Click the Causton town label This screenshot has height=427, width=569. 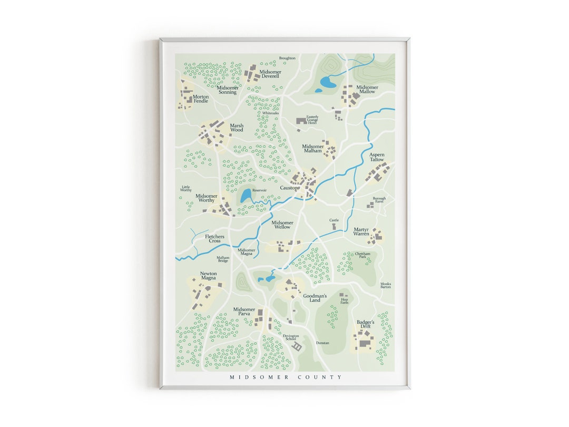click(290, 188)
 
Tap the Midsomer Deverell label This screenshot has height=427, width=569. click(270, 74)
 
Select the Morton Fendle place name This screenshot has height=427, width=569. click(201, 99)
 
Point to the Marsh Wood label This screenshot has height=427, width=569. click(237, 128)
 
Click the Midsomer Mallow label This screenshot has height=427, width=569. click(367, 89)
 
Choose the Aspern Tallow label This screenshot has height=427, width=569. click(377, 157)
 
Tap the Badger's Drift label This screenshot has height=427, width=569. click(365, 324)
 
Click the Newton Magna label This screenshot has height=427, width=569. click(208, 276)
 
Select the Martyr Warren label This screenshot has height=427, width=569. click(361, 231)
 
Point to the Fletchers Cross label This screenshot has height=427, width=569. click(214, 238)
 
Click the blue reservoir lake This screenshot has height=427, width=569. click(246, 196)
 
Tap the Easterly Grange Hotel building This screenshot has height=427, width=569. click(301, 121)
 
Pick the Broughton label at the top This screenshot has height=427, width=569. click(287, 58)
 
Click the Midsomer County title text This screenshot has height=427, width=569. click(286, 377)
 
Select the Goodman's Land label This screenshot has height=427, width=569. click(315, 298)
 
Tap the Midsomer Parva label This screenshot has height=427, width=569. click(244, 312)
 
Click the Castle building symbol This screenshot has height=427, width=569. click(334, 226)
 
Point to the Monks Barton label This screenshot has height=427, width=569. click(386, 285)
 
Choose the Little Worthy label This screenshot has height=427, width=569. click(186, 188)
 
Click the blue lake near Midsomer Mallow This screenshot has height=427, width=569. click(328, 82)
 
